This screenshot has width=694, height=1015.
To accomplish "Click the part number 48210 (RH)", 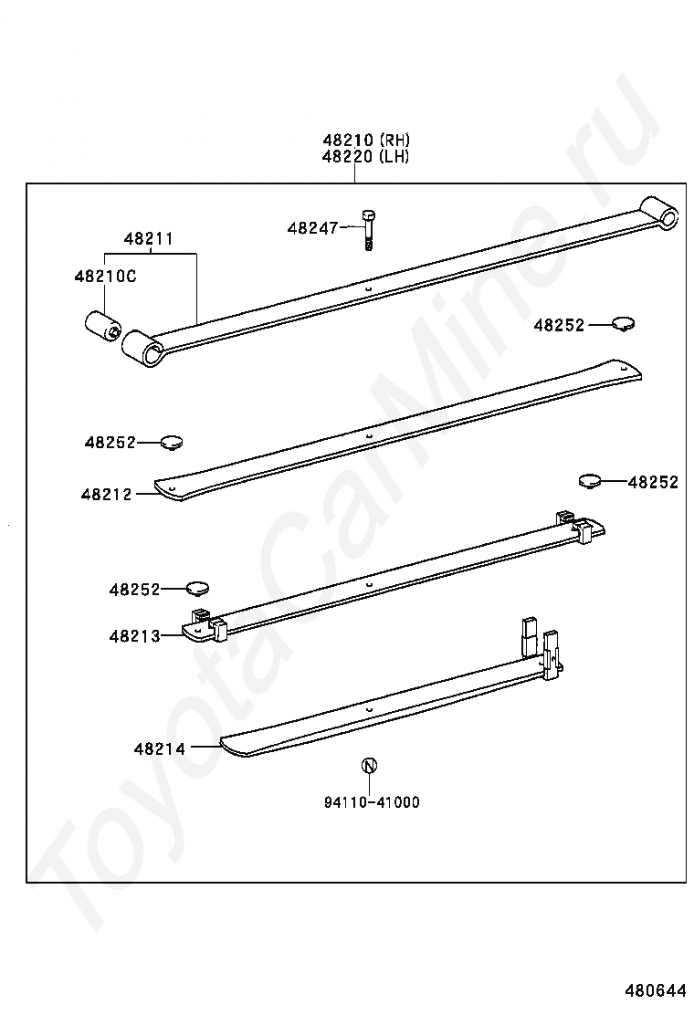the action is point(366,139).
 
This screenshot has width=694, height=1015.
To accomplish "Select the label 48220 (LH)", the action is point(366,156).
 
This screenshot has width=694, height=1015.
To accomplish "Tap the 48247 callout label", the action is point(313,228).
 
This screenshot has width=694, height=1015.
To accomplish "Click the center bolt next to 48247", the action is point(369,230).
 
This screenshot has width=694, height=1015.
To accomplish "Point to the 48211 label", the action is point(149,239).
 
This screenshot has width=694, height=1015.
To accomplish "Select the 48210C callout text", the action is point(106,277).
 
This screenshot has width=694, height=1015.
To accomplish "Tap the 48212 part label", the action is point(106,495).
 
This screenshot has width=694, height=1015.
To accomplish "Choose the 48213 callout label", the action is point(134,636).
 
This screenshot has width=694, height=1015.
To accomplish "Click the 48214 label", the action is point(160,749).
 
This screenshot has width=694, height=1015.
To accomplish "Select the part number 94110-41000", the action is point(372,802).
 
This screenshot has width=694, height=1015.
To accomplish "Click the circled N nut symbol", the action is point(369,765).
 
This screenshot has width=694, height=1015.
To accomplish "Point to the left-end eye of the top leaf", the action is point(142,348).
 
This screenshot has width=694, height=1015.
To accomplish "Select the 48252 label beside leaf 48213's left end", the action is point(134,590).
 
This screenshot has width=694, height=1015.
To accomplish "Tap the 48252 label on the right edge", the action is point(653,482).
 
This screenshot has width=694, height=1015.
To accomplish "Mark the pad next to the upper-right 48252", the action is point(624,324).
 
